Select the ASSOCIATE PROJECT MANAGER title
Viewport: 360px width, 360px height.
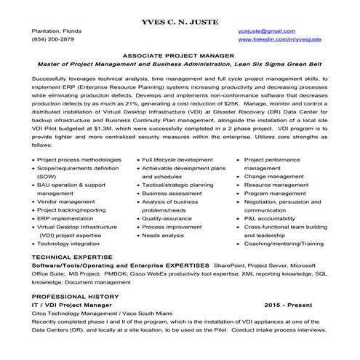coord(179,55)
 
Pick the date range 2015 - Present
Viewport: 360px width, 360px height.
coord(295,307)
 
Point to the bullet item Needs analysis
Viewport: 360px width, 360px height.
coord(163,236)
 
